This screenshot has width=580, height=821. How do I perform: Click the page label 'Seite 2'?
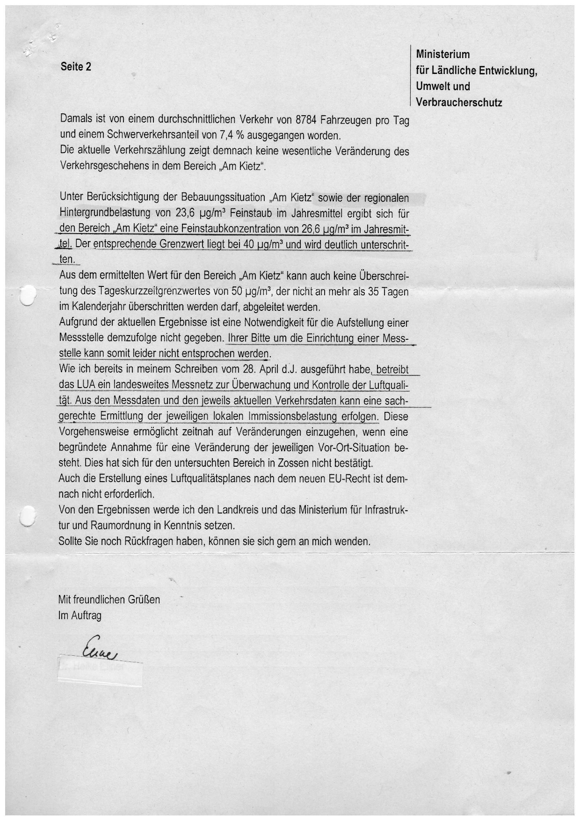click(76, 66)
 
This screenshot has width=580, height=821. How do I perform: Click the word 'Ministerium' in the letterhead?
click(442, 54)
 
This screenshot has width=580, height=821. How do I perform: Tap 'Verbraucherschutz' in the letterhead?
click(459, 103)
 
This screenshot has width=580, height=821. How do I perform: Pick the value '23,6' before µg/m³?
click(186, 213)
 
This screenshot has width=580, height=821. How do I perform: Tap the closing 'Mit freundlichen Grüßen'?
click(109, 600)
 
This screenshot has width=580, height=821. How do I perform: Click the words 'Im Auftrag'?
click(80, 616)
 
